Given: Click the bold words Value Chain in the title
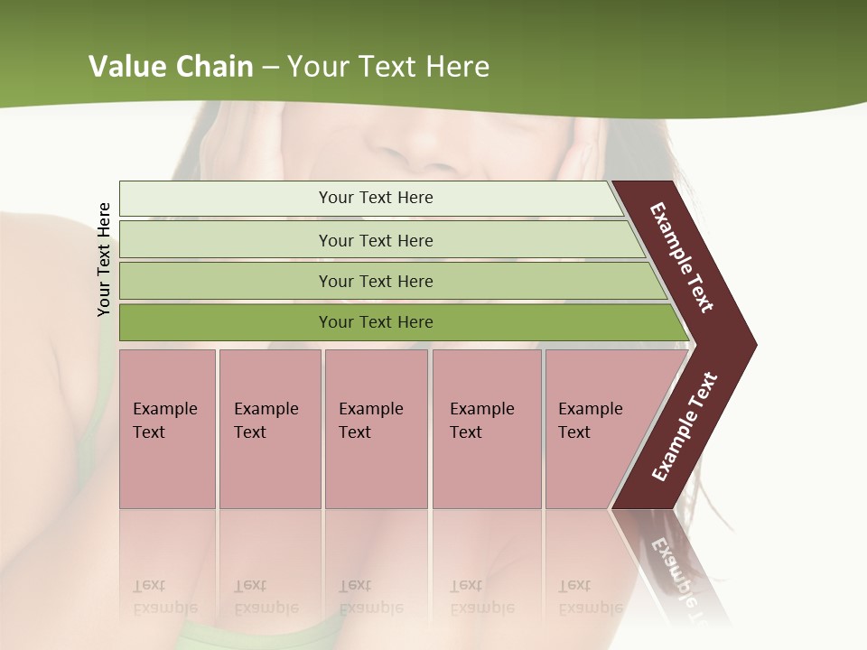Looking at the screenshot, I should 171,67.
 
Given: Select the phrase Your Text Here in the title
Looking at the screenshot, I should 388,67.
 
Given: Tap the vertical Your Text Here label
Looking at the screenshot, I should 104,259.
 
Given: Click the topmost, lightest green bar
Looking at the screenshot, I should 376,198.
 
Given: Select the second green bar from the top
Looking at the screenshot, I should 376,240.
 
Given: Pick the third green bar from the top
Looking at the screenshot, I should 376,281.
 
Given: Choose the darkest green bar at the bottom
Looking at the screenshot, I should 376,322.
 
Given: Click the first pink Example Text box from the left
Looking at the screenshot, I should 167,428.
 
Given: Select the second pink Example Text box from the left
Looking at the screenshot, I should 269,428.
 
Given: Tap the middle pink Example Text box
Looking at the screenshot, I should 376,428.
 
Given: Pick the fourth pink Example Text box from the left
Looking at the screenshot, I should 486,428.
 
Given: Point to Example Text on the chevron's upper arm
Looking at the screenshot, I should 682,257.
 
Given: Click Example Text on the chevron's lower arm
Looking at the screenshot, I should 685,427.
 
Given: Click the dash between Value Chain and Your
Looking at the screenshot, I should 270,68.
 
